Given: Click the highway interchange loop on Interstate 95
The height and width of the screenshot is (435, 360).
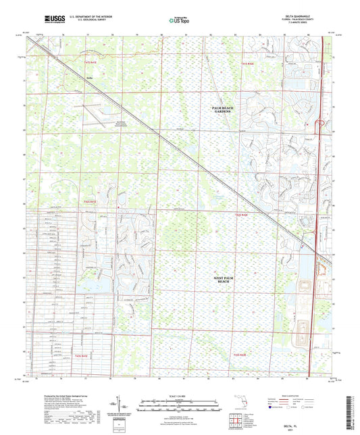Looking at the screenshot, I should click(319, 123).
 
